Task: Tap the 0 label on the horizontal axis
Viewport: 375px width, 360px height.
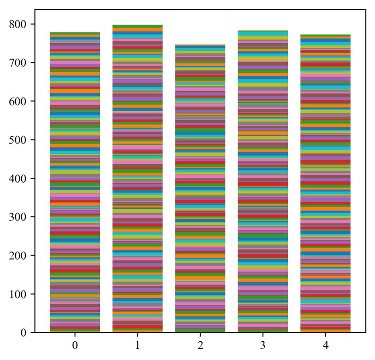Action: click(75, 346)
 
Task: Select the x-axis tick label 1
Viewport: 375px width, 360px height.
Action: click(137, 346)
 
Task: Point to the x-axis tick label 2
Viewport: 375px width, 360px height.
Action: click(200, 346)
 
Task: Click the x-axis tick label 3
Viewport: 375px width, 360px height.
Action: click(262, 346)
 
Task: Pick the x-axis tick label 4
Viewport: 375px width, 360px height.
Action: click(325, 346)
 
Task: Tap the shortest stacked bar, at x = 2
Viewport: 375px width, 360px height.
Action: click(200, 188)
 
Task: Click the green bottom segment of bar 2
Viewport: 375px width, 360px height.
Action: click(200, 330)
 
